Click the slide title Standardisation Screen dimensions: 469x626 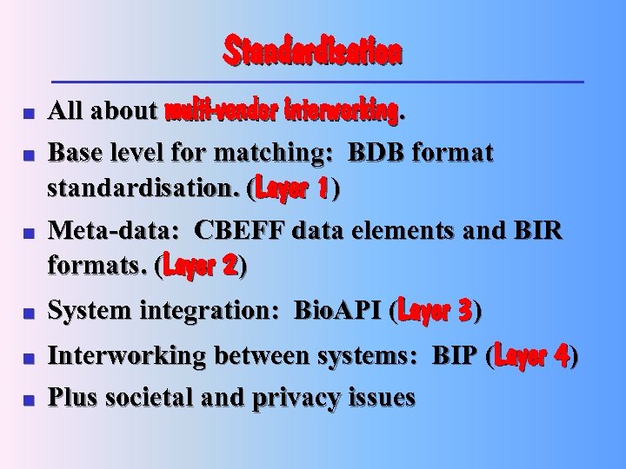point(313,51)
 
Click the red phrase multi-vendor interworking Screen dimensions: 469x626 point(282,112)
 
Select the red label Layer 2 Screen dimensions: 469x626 point(199,266)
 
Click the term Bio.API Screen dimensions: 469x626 point(340,310)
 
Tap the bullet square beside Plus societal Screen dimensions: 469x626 point(28,400)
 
